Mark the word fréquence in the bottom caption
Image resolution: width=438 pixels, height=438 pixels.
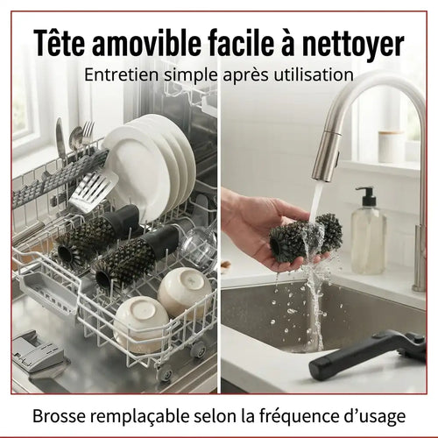point(299,414)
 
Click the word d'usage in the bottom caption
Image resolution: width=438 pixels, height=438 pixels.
point(376,414)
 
